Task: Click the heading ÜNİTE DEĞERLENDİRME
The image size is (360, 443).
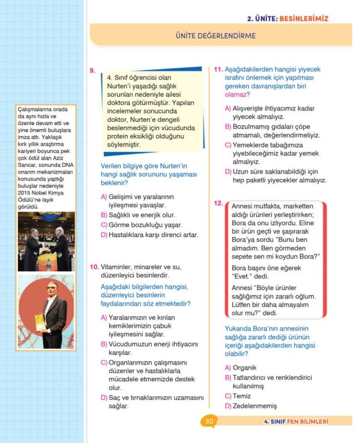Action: point(216,36)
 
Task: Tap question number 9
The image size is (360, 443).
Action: point(92,71)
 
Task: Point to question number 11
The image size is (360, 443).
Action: point(219,70)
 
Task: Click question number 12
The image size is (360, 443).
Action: point(218,203)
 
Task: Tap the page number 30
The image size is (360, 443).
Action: point(209,421)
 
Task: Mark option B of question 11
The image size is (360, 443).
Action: point(270,131)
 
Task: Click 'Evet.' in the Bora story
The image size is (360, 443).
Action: point(241,277)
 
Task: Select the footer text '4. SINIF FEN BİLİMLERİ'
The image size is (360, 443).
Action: point(296,421)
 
